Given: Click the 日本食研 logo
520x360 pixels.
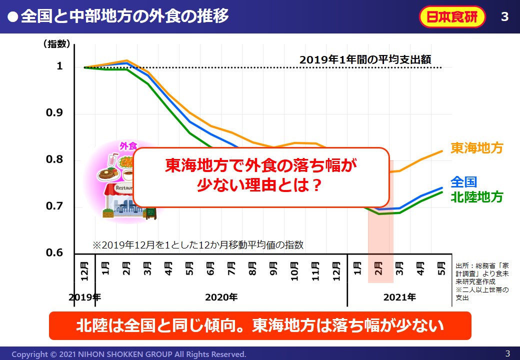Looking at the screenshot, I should pos(452,17).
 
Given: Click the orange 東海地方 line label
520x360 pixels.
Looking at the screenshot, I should pos(476,148).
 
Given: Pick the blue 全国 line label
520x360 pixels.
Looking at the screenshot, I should pos(463,181).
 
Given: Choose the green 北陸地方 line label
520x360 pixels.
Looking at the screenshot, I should pos(476,196).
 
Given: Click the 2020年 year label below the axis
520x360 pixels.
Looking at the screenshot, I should pos(221,297).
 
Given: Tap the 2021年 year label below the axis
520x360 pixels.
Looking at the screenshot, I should pos(399,297).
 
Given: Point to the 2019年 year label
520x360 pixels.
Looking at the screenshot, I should pos(84,297).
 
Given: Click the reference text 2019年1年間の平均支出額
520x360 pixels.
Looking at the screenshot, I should pos(369,59).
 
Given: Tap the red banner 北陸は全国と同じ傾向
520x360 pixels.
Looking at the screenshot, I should pos(260,325).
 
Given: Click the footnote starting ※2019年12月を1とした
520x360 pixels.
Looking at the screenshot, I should pos(198,245).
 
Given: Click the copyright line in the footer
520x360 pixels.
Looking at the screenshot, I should pos(128,354).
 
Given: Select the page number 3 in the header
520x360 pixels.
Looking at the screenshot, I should pos(504,17).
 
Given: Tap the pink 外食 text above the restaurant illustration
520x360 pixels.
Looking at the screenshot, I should pos(128,146).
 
